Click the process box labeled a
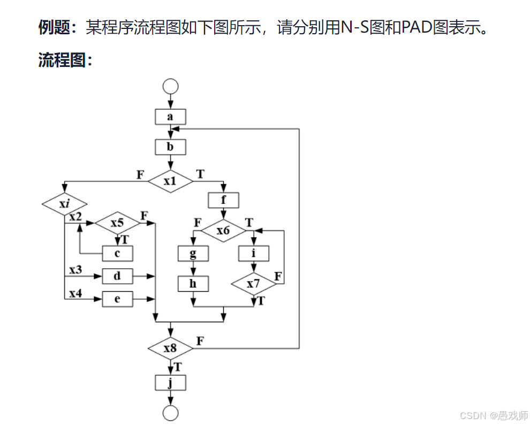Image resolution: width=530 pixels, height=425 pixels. [x=170, y=117]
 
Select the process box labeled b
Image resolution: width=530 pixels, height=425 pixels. [x=170, y=147]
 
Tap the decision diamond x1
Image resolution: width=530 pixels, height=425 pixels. [x=170, y=181]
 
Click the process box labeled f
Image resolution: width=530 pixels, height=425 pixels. [x=223, y=201]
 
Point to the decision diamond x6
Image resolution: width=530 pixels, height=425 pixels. [x=223, y=231]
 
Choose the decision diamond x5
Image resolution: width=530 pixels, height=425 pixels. [x=117, y=223]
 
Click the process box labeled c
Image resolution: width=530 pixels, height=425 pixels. [x=117, y=253]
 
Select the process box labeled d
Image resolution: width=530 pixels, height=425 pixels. [x=117, y=276]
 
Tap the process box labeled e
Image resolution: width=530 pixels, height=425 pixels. [x=117, y=299]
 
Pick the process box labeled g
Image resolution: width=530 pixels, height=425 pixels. [x=193, y=254]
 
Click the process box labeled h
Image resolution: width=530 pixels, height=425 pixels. [x=193, y=284]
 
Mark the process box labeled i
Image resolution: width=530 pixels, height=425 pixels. [x=254, y=254]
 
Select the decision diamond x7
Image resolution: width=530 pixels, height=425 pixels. [x=254, y=284]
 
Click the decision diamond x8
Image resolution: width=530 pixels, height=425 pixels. [x=170, y=348]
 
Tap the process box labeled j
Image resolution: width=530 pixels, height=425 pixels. [x=170, y=383]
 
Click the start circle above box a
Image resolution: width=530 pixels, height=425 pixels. [x=170, y=86]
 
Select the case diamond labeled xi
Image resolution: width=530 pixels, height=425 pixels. [x=64, y=204]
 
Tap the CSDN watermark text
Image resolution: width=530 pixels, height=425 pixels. [x=494, y=415]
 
